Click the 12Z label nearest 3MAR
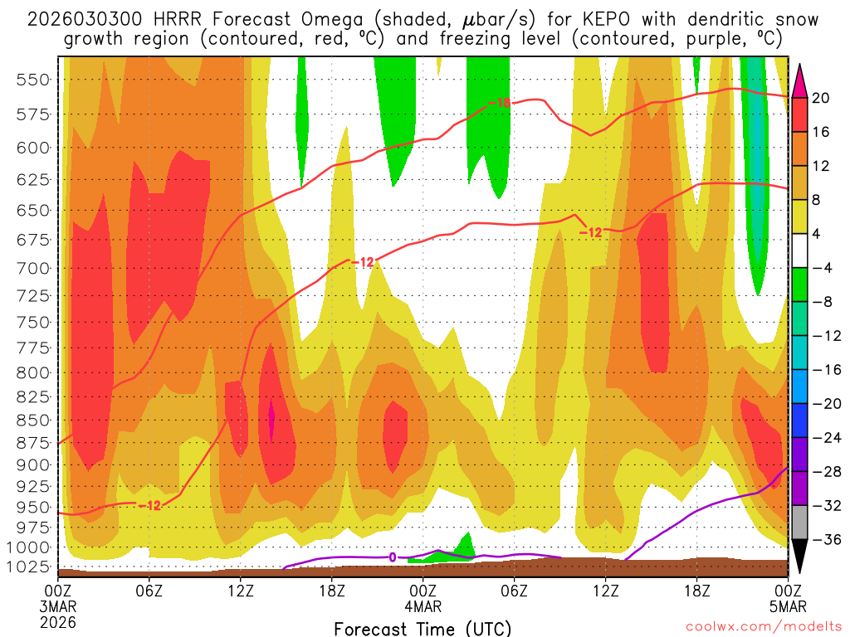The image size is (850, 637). [240, 591]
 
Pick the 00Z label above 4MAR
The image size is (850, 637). [423, 591]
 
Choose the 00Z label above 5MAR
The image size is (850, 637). [787, 591]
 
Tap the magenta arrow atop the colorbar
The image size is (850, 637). [799, 80]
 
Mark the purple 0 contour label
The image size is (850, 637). [392, 557]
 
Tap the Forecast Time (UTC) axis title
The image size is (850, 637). [423, 628]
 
